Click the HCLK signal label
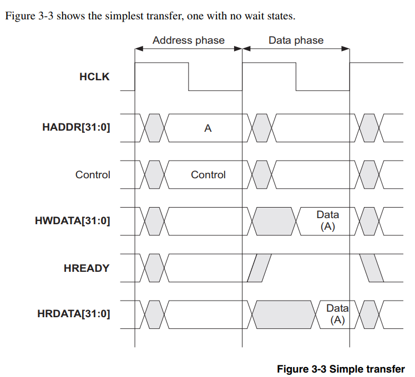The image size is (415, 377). click(94, 76)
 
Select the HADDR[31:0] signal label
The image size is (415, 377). click(76, 128)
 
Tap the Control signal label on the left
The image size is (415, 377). click(93, 175)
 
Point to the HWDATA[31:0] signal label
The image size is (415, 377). click(72, 221)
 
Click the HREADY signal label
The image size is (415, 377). click(87, 268)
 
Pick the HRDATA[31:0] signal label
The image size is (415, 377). click(74, 314)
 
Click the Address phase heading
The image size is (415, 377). click(189, 40)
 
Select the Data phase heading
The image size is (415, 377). click(296, 40)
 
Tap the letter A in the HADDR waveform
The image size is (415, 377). click(208, 128)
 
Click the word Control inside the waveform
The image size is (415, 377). click(208, 175)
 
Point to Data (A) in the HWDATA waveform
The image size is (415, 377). click(327, 221)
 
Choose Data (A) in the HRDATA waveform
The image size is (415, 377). click(337, 314)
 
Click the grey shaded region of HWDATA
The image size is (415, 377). click(273, 221)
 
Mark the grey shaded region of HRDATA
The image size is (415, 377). click(284, 314)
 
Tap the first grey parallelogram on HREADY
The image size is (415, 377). click(259, 268)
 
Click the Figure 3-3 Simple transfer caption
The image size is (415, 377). click(341, 369)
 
